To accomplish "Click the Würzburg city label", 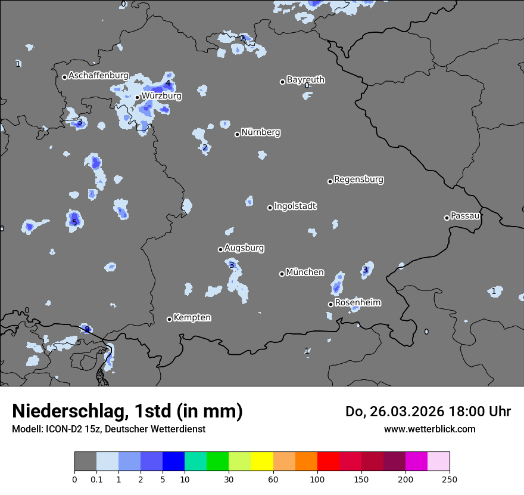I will [161, 95].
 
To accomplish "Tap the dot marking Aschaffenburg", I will [64, 77].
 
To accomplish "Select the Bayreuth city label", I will [305, 79].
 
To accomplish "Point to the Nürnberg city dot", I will [237, 134].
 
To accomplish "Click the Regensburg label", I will [358, 179].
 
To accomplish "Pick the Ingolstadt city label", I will [295, 206].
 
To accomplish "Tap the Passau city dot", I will [447, 218].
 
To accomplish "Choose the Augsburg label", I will [244, 247].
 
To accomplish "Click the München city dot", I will [282, 274].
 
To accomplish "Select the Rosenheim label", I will [357, 302].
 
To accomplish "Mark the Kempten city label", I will [192, 317].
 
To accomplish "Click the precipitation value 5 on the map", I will [74, 222].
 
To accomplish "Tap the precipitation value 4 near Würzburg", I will [168, 83].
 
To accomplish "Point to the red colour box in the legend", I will [328, 462].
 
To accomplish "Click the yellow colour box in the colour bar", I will [262, 462].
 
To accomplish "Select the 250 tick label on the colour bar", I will [450, 479].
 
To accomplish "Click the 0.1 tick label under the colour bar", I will [96, 479].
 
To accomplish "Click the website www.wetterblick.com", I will [429, 429].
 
